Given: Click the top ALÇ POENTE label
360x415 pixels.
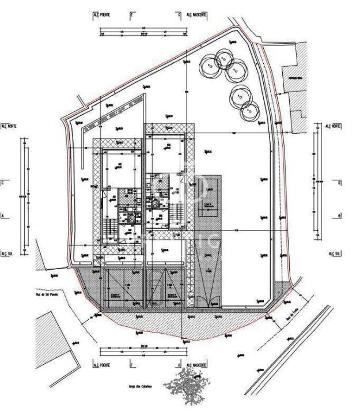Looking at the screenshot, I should pyautogui.click(x=101, y=15).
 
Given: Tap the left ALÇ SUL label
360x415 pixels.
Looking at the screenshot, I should pyautogui.click(x=9, y=252).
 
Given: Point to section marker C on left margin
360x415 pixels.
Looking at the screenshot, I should pyautogui.click(x=3, y=183).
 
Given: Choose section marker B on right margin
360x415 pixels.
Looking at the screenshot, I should pyautogui.click(x=340, y=216).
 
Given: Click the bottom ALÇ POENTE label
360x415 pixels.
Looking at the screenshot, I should pyautogui.click(x=102, y=365).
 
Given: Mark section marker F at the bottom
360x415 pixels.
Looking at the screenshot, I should pyautogui.click(x=131, y=365).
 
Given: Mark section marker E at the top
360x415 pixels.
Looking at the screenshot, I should pyautogui.click(x=131, y=15).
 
